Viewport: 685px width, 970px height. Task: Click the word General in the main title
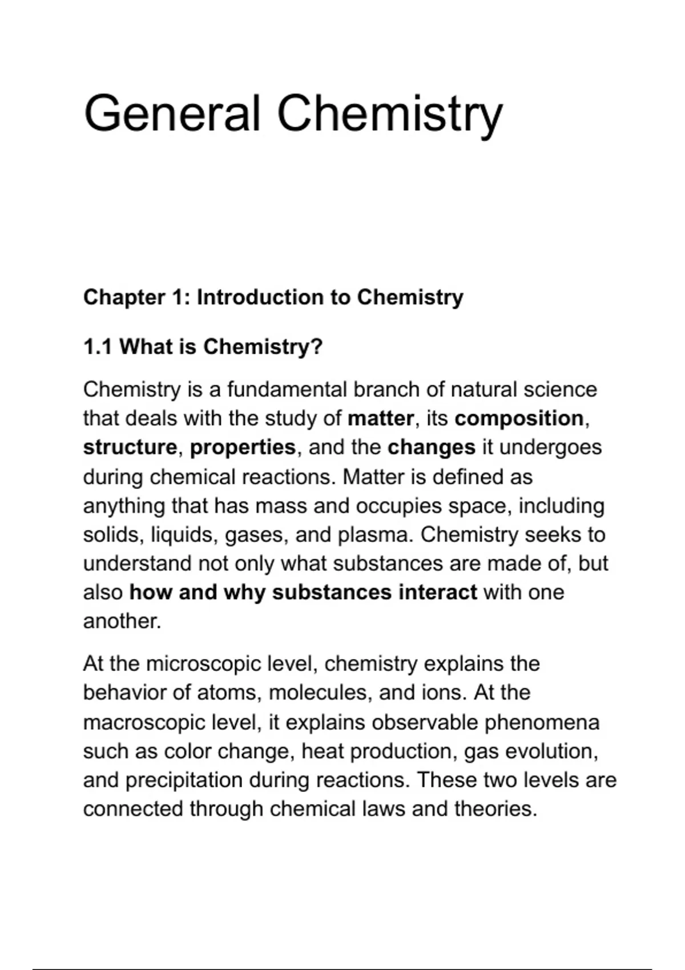(172, 114)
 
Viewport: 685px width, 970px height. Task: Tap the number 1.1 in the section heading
(97, 346)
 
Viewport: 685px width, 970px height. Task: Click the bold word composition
(519, 419)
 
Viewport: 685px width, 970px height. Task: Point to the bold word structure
(130, 447)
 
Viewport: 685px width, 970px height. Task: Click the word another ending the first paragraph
(121, 621)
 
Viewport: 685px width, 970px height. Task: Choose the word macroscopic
(144, 723)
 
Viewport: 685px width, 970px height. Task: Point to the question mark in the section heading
(317, 346)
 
